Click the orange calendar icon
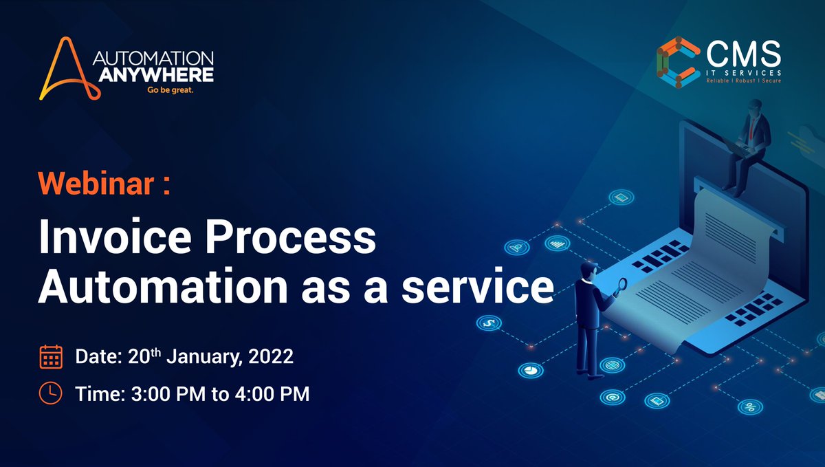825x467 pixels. pyautogui.click(x=51, y=357)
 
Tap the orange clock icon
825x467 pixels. pyautogui.click(x=51, y=393)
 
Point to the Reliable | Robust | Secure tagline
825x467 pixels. pyautogui.click(x=744, y=81)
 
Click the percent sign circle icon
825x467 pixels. pyautogui.click(x=750, y=407)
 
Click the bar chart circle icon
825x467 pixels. pyautogui.click(x=555, y=243)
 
